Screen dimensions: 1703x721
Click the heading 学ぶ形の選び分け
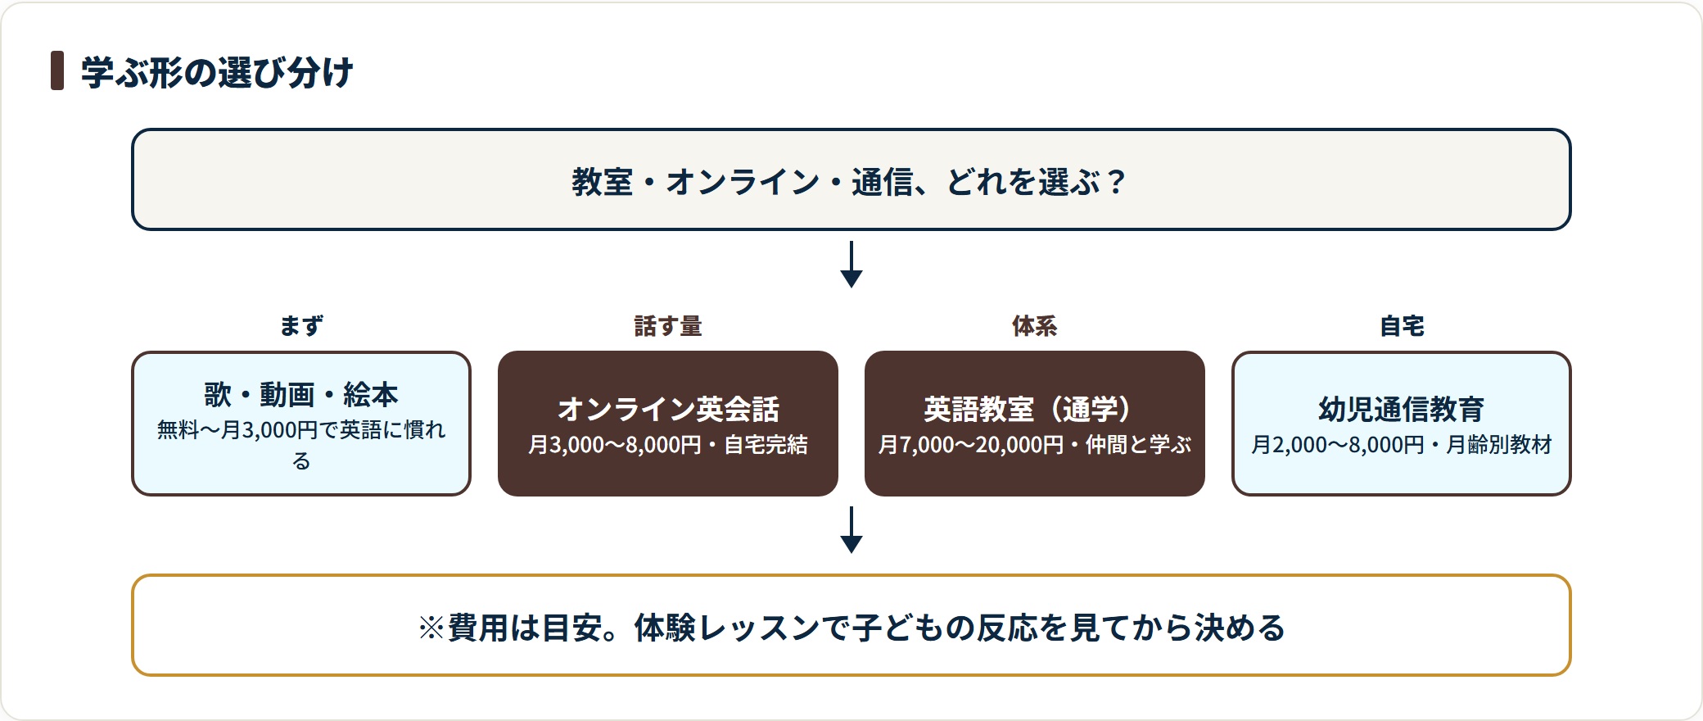[x=217, y=72]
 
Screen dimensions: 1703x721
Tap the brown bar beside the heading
[x=57, y=70]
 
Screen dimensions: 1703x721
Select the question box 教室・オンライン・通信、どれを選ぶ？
[x=851, y=179]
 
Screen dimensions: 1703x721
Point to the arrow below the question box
[x=851, y=264]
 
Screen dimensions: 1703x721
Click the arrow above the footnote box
[x=851, y=529]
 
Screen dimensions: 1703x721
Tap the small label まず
[x=301, y=326]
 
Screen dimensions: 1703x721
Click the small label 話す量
[x=668, y=326]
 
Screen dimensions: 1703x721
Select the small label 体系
[x=1035, y=326]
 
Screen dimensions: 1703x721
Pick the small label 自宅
[x=1402, y=326]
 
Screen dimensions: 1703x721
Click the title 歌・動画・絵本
[x=301, y=395]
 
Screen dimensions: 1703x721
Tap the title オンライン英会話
[x=668, y=409]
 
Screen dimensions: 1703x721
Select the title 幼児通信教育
[x=1402, y=409]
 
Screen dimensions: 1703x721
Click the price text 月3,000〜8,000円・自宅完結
[x=668, y=445]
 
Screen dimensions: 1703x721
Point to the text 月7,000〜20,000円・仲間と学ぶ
[x=1035, y=445]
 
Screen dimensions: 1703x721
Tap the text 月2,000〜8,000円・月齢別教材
[x=1402, y=445]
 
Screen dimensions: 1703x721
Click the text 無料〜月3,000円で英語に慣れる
[x=301, y=445]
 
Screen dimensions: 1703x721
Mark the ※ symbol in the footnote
[x=431, y=628]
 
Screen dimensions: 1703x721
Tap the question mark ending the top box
[x=1116, y=182]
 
